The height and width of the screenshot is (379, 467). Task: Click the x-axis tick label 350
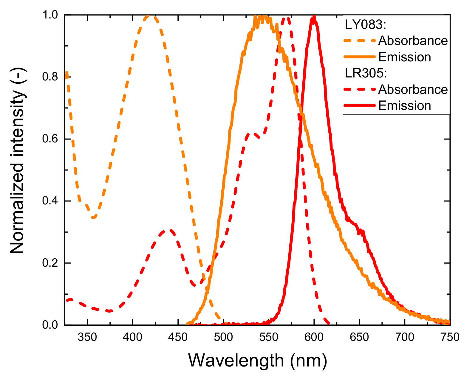click(x=87, y=337)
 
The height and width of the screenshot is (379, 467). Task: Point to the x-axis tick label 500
click(x=223, y=337)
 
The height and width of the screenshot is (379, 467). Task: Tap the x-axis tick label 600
click(x=314, y=337)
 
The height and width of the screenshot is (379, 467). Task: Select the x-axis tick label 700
click(x=404, y=337)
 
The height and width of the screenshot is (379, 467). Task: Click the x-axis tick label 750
click(x=450, y=337)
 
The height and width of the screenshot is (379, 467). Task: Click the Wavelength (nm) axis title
click(x=257, y=361)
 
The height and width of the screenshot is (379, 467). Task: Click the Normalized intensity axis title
click(x=17, y=161)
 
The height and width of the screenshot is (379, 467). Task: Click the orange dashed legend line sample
click(x=359, y=41)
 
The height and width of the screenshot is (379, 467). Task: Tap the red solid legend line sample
click(x=359, y=105)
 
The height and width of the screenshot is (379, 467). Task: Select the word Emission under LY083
click(x=404, y=57)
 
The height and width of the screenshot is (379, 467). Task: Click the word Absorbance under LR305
click(x=413, y=89)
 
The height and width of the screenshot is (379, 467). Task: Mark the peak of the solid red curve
click(x=313, y=17)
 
